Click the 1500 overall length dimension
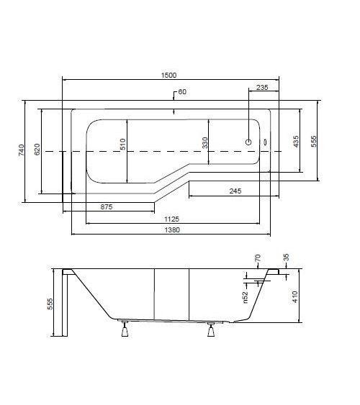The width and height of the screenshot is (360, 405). click(x=168, y=75)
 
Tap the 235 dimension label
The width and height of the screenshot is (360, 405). click(x=262, y=87)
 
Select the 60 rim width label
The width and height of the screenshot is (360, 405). click(x=182, y=91)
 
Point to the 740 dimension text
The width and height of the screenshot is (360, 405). click(x=22, y=150)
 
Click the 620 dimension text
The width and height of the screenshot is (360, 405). click(x=37, y=150)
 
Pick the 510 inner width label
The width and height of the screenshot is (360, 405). click(x=123, y=144)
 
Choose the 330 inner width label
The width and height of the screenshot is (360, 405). click(x=204, y=143)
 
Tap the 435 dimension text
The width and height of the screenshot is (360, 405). click(x=296, y=141)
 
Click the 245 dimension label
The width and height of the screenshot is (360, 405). click(x=235, y=191)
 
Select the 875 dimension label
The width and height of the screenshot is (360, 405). click(x=107, y=206)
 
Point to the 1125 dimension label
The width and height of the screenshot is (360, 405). click(x=171, y=219)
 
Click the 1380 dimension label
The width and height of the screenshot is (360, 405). click(x=172, y=229)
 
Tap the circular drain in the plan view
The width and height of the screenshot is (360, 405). click(x=248, y=142)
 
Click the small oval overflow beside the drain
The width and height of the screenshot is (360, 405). click(x=265, y=142)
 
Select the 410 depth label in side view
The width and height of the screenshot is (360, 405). click(x=295, y=297)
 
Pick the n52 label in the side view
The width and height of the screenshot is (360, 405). click(x=246, y=297)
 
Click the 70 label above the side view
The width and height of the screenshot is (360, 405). click(x=258, y=258)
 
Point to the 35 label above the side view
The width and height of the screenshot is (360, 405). click(x=286, y=258)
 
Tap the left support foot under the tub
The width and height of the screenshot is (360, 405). click(x=125, y=329)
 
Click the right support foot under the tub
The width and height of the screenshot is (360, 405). click(x=211, y=330)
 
